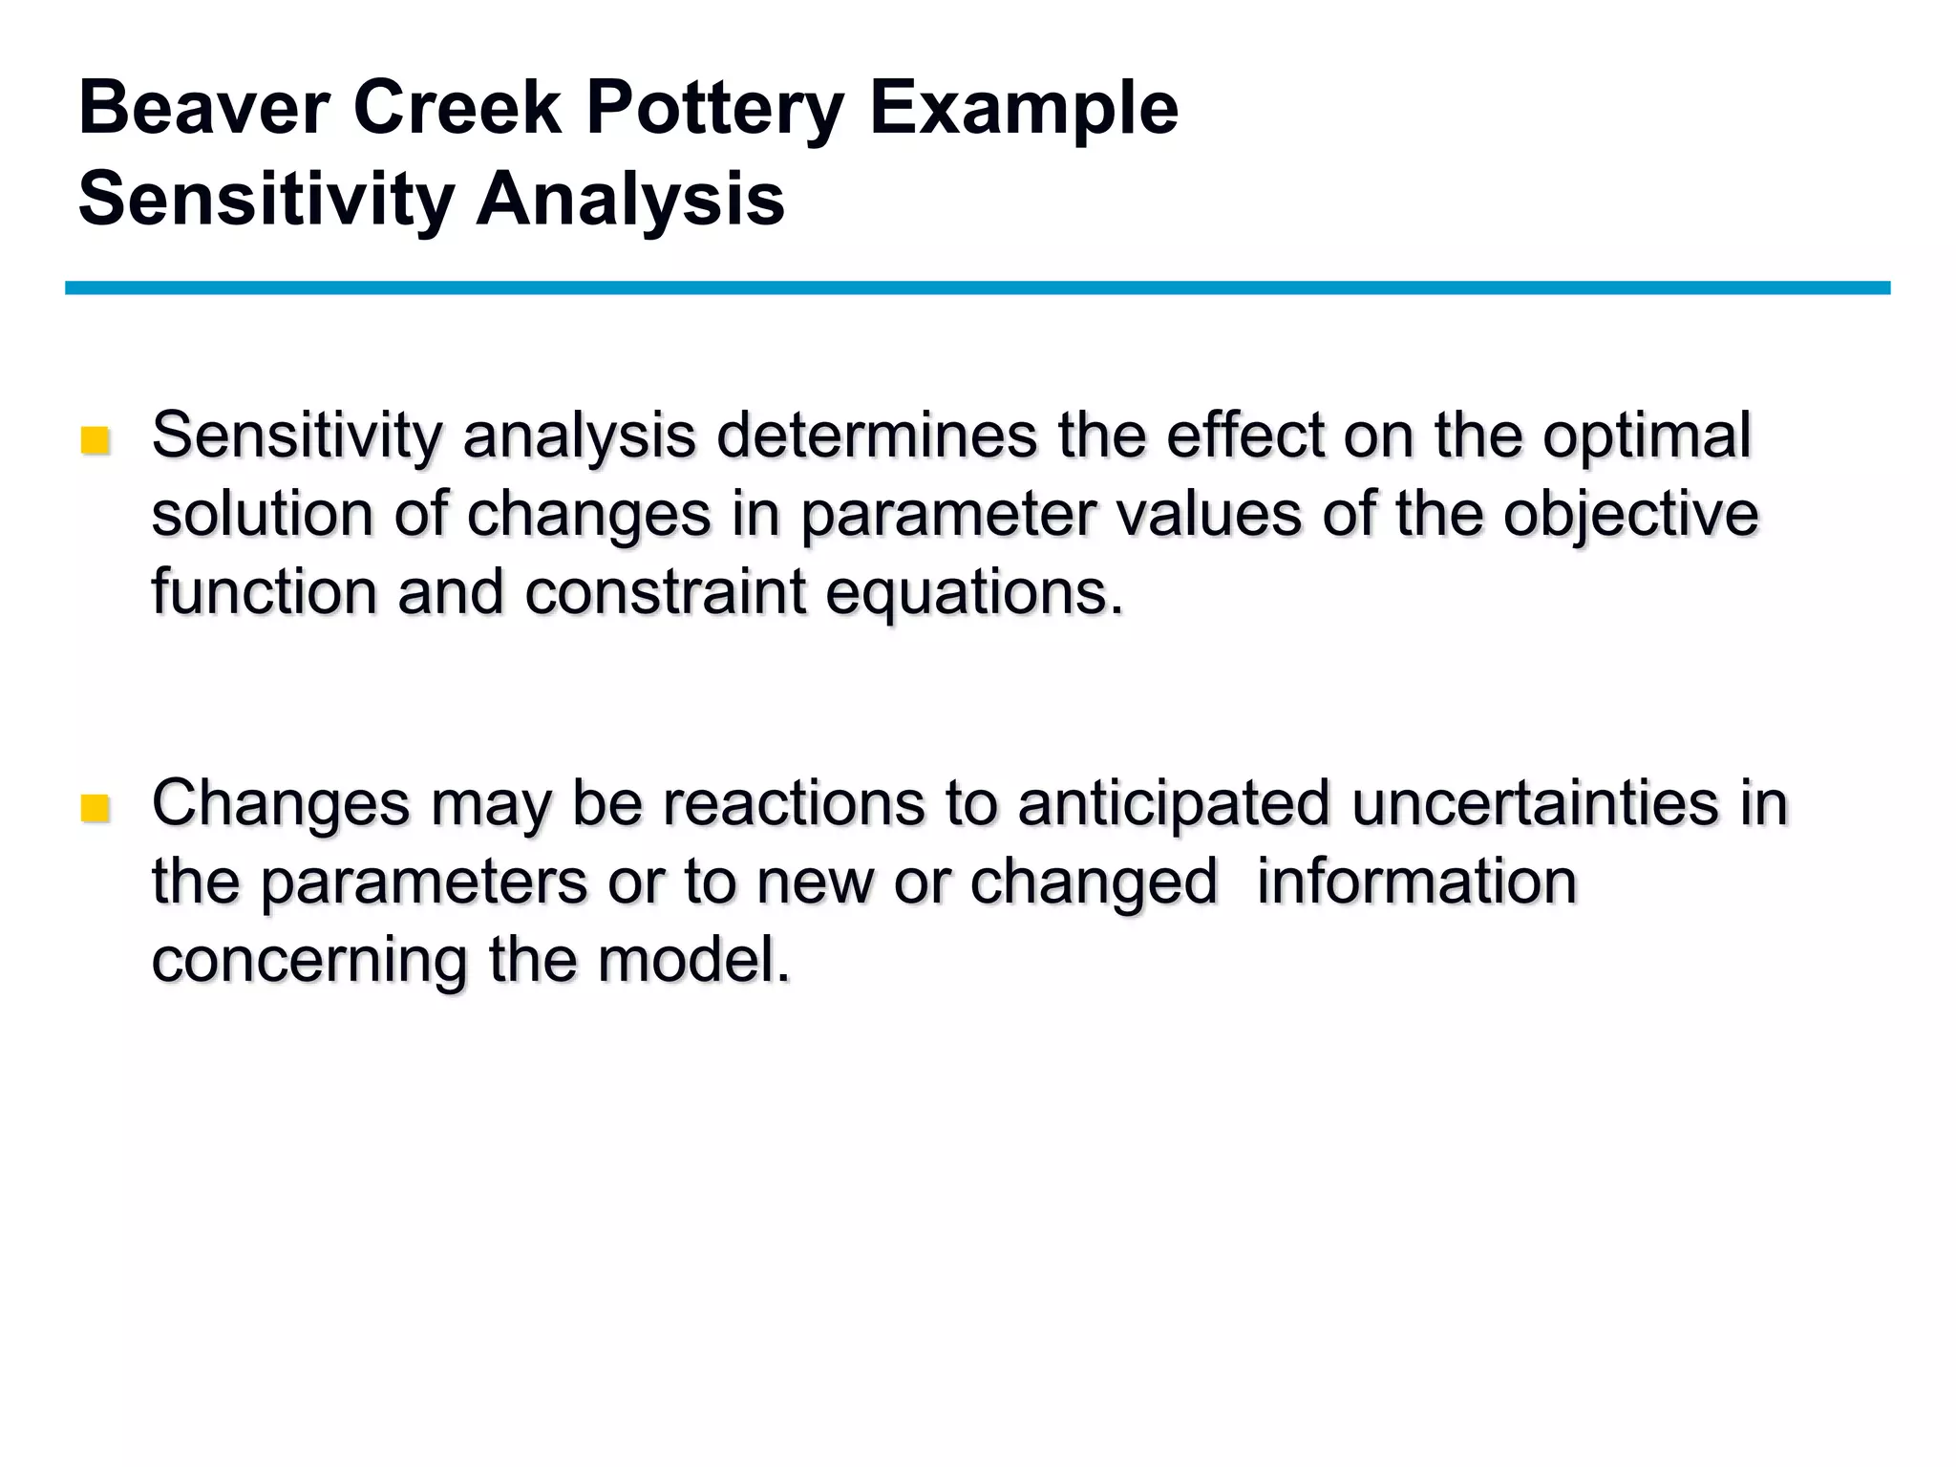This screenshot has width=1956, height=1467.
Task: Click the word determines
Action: (x=877, y=436)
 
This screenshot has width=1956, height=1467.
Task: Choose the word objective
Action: (x=1630, y=516)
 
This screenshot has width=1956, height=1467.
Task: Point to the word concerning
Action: (x=309, y=961)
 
